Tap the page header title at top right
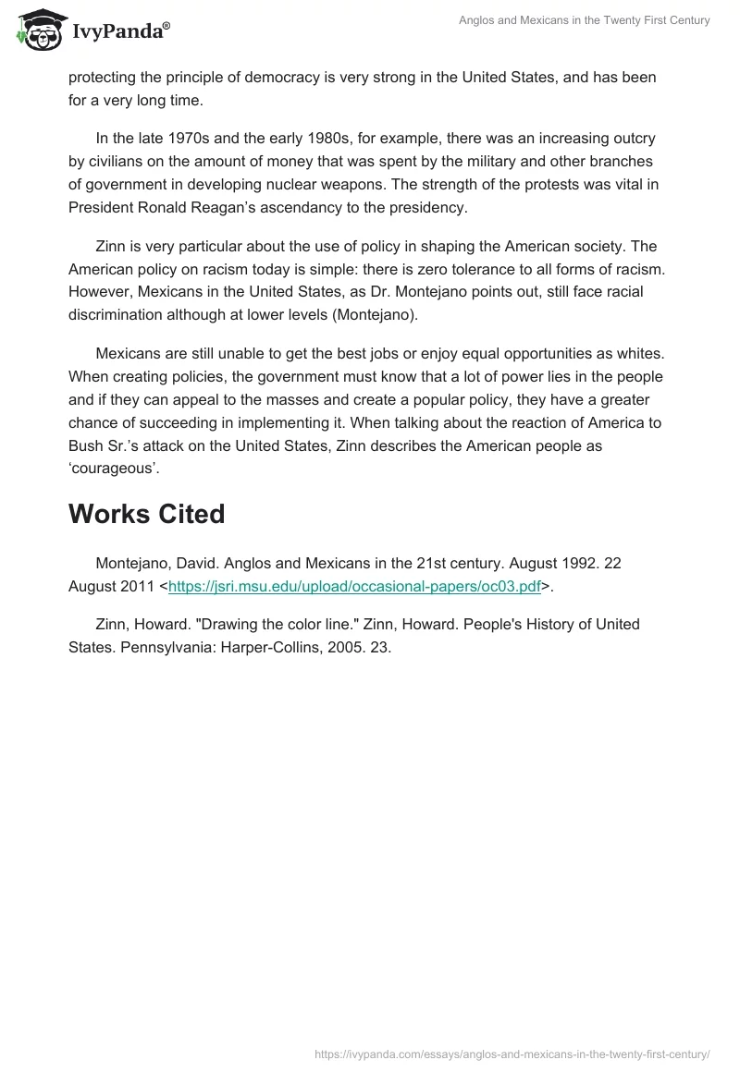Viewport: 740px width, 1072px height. click(585, 20)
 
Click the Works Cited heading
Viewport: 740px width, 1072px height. click(146, 514)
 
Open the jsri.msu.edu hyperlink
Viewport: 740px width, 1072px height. click(354, 585)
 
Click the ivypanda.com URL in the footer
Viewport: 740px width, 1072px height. click(512, 1054)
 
